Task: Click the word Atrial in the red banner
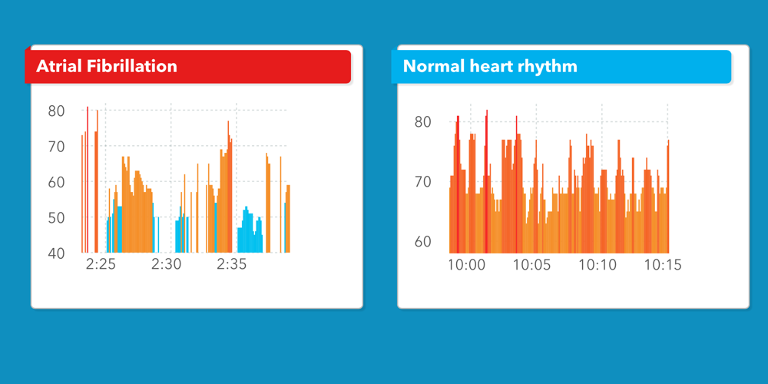pos(59,66)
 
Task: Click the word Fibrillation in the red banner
pos(131,66)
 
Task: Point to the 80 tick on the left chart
pos(57,111)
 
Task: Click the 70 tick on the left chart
pos(57,146)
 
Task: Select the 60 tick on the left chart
pos(57,182)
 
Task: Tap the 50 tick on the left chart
pos(57,217)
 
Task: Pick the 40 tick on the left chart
pos(57,253)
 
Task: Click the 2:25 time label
pos(101,265)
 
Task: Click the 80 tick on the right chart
pos(423,122)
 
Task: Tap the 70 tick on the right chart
pos(423,182)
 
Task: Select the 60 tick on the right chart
pos(423,241)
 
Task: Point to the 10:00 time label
pos(467,265)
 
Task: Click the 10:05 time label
pos(532,265)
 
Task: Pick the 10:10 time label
pos(598,265)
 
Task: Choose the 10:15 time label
pos(663,265)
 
